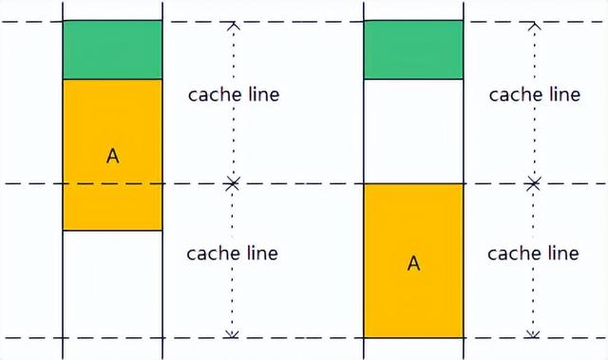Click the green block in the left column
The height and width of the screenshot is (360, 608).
pos(112,49)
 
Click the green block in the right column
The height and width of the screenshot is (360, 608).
pos(413,49)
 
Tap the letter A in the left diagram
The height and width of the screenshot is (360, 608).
pos(113,156)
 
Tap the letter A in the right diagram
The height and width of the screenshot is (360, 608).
pos(413,263)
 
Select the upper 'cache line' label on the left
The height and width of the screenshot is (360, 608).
pos(234,94)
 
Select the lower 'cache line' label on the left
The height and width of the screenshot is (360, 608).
pos(233,254)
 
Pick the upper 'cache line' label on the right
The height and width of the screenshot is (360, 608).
pos(534,94)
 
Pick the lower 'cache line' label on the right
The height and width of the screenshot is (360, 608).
pos(533,254)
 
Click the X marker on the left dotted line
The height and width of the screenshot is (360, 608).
pos(232,182)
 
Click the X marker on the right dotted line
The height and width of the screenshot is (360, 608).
pos(534,182)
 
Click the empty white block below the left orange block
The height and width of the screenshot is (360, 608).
pos(112,283)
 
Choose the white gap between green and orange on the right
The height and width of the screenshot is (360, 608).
pos(413,131)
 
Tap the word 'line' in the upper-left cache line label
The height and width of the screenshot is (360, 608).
pos(262,94)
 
